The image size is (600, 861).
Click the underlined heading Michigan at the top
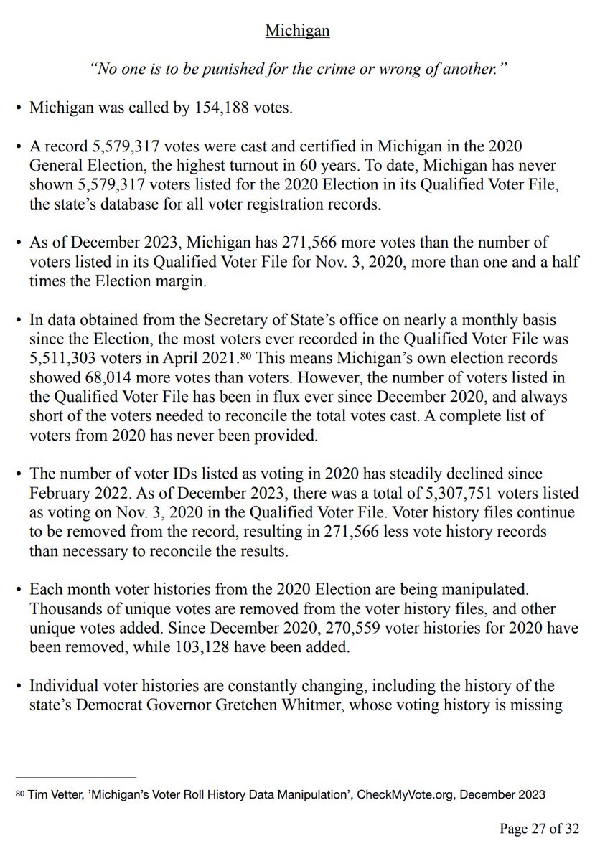pyautogui.click(x=298, y=32)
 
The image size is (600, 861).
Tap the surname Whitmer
pyautogui.click(x=393, y=705)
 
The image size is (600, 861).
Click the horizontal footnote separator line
pyautogui.click(x=75, y=776)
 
